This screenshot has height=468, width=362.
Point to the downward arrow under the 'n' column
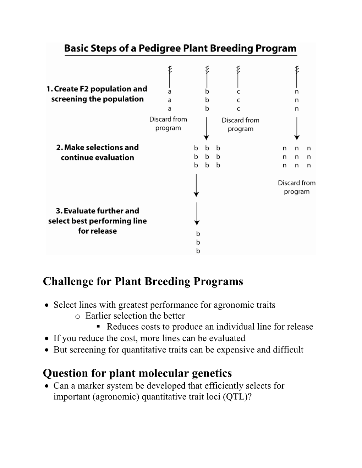(x=297, y=128)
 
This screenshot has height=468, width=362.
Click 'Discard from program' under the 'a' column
(x=168, y=123)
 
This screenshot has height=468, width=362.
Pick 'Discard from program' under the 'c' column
(x=240, y=124)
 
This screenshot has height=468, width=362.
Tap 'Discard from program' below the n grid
(x=296, y=187)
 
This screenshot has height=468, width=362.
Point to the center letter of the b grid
(x=207, y=157)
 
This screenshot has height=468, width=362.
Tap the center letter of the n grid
(x=296, y=157)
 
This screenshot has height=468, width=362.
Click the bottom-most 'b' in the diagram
(x=198, y=251)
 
